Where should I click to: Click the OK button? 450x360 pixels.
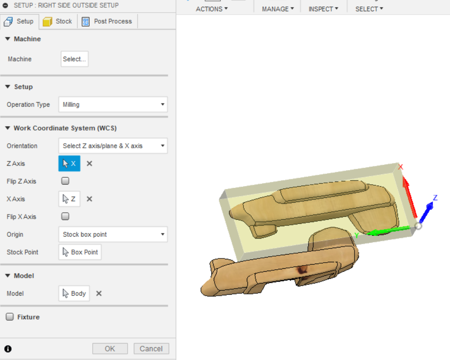(x=110, y=349)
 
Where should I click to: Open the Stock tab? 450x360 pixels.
(x=58, y=21)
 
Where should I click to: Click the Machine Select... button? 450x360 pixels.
(x=74, y=59)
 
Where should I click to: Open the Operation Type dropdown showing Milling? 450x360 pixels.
(x=112, y=104)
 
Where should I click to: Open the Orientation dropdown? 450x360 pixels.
(x=112, y=146)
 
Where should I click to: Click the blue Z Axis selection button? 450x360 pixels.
(x=69, y=163)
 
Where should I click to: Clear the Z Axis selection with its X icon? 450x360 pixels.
(x=89, y=163)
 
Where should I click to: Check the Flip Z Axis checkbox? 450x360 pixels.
(x=65, y=181)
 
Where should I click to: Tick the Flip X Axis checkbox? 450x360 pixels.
(x=65, y=216)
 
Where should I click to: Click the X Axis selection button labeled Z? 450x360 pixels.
(x=69, y=199)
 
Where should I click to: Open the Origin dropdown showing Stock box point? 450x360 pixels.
(x=112, y=234)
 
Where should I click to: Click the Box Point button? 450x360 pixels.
(x=80, y=252)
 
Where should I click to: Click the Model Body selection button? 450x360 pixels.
(x=74, y=293)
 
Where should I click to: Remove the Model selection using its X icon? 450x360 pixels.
(x=99, y=293)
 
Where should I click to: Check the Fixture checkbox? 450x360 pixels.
(x=10, y=317)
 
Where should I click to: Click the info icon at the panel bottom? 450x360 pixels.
(x=8, y=349)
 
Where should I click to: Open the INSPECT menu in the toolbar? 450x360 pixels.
(x=323, y=9)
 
